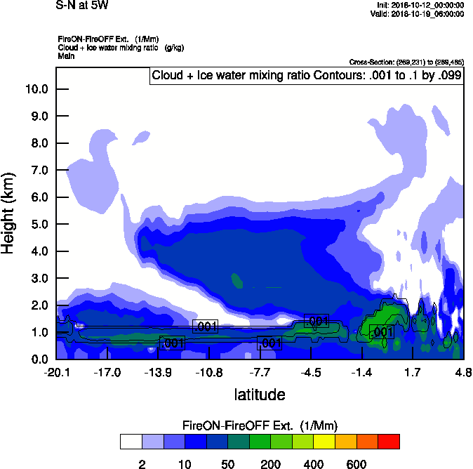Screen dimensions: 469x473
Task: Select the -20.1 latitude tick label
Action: click(x=56, y=372)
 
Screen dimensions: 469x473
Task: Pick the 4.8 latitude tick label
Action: click(x=462, y=372)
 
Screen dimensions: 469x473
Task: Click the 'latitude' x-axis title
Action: click(x=259, y=395)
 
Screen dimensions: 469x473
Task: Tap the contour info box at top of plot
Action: click(x=307, y=76)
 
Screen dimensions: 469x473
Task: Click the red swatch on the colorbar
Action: click(x=389, y=442)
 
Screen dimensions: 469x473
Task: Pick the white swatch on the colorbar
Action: click(x=131, y=442)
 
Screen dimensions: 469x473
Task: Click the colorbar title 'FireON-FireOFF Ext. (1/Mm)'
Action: click(x=260, y=426)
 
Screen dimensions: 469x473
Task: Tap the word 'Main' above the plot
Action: click(x=66, y=55)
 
